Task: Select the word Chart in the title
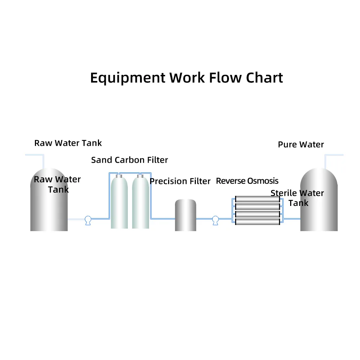pos(265,77)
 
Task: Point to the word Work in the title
pos(188,77)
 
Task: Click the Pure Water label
pos(301,145)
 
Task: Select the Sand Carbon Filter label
pos(129,160)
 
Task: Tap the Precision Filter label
pos(180,181)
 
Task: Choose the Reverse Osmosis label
pos(247,181)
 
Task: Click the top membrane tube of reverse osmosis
pos(257,199)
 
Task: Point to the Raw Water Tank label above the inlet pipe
pos(68,143)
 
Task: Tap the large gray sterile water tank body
pos(319,216)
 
